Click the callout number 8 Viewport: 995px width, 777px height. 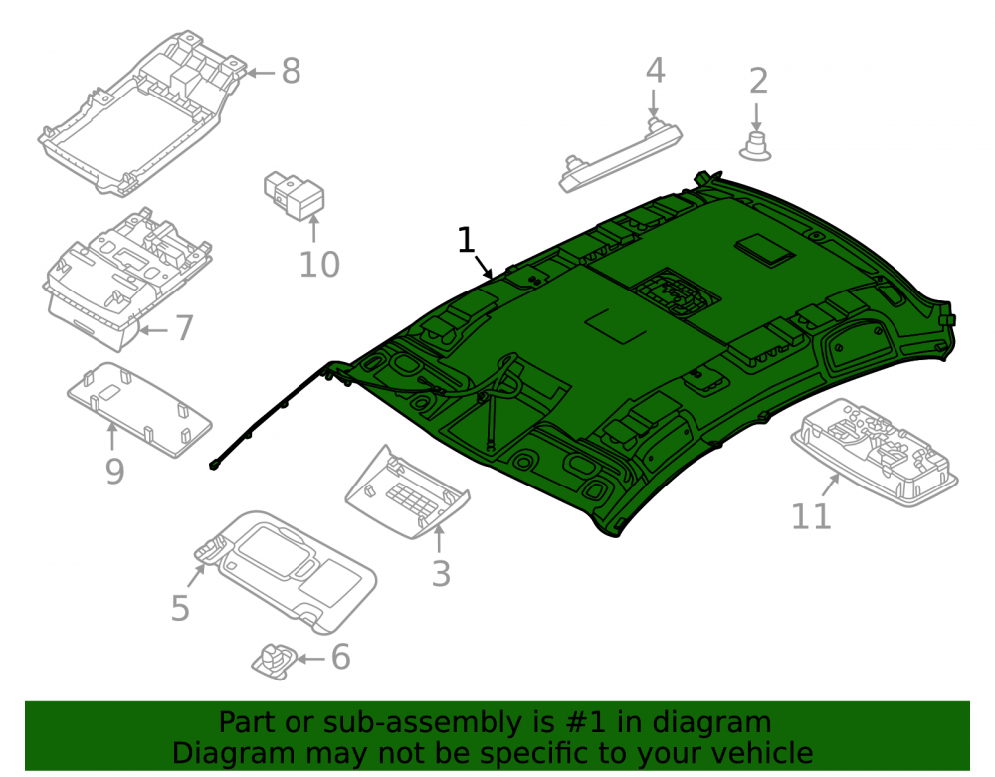point(291,71)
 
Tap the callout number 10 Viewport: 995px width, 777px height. point(319,265)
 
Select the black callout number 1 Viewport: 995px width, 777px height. point(466,240)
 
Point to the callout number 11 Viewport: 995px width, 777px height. point(810,516)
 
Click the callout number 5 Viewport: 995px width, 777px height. point(180,608)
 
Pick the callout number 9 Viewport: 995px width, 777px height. point(114,471)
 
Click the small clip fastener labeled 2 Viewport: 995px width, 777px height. point(756,147)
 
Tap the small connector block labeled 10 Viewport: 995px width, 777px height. point(294,194)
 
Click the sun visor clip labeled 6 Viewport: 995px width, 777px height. point(275,661)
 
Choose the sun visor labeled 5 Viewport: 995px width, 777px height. point(286,571)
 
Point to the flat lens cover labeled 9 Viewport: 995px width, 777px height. point(139,410)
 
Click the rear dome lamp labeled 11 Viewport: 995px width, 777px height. point(874,452)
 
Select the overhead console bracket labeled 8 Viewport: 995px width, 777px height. point(142,114)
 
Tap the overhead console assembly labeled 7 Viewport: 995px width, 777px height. point(127,280)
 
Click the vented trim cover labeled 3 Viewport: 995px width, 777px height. point(407,492)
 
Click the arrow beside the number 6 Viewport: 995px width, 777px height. point(310,659)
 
